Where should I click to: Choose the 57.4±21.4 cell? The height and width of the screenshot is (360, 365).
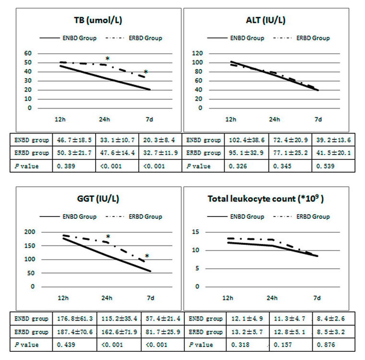click(x=160, y=318)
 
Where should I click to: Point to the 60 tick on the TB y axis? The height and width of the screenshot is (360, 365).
click(x=27, y=53)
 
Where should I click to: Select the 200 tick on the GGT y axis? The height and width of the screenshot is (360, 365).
click(x=30, y=232)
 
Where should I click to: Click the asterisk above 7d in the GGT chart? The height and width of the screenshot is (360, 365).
click(x=147, y=256)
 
